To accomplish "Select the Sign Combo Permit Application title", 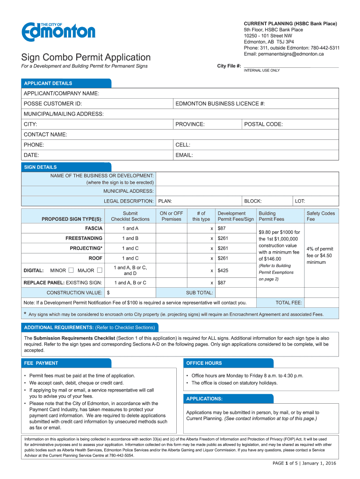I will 86,57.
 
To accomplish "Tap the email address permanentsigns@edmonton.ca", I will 284,54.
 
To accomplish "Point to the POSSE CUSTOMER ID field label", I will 53,103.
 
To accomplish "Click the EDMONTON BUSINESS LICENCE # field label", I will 220,103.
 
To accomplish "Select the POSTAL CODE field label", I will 264,124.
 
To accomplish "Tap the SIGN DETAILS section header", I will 40,167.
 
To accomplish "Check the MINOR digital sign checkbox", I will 71,270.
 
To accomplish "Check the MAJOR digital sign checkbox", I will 100,270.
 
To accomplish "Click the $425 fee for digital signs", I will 223,270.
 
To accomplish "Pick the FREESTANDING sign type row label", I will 84,238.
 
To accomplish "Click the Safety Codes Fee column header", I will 321,216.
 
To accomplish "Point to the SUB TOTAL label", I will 200,293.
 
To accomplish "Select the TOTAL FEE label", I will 289,303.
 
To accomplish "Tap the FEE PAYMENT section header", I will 41,363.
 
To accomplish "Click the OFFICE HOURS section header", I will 204,363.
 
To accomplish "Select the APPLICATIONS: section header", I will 204,399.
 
